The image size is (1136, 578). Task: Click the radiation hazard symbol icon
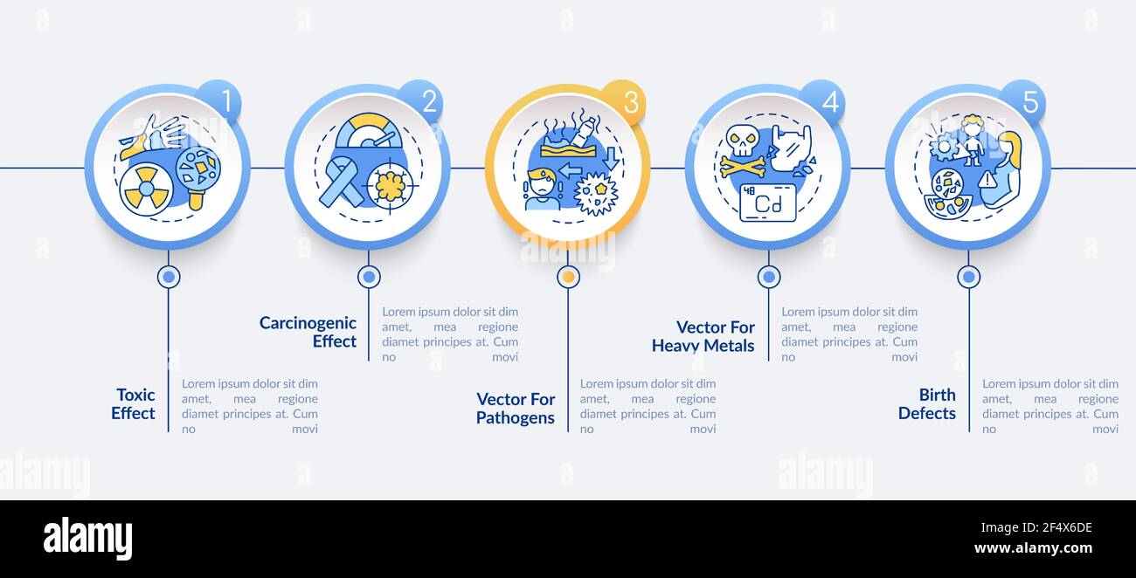[145, 189]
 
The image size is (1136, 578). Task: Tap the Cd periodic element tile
[767, 203]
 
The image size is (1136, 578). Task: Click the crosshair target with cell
[390, 186]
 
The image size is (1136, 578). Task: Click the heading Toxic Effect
[133, 404]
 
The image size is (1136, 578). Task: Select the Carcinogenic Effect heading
[308, 332]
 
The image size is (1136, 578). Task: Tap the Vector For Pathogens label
[515, 409]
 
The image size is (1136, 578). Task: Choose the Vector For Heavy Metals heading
[703, 336]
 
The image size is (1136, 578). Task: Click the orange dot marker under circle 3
[568, 277]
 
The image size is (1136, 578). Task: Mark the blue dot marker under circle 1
[168, 277]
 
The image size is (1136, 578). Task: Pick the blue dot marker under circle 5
[968, 277]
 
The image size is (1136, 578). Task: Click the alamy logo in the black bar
[87, 539]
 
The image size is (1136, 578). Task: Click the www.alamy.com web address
[1033, 549]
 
